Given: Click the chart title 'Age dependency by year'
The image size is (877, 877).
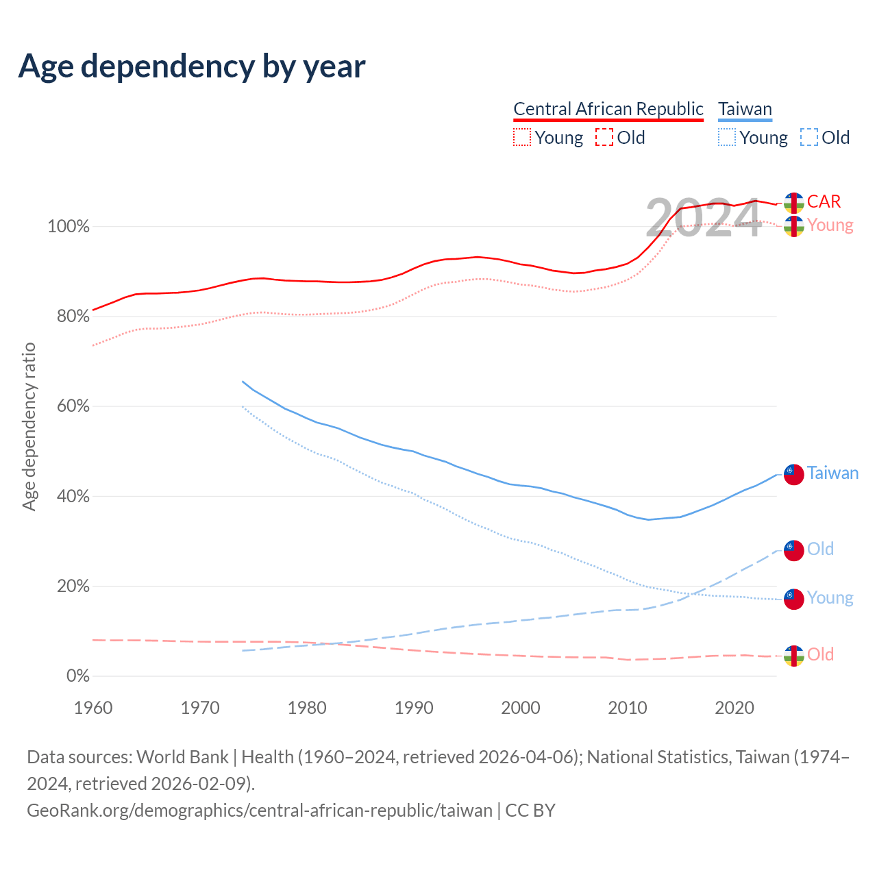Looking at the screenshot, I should coord(192,66).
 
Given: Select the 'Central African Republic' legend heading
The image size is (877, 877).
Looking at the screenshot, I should coord(608,109).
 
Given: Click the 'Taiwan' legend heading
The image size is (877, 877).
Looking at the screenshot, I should coord(745,109).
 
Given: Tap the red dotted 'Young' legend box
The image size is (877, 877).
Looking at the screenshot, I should coord(522,138).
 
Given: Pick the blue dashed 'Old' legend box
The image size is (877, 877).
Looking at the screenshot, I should coord(809,138).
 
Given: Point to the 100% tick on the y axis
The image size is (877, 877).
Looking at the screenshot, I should coord(69,226).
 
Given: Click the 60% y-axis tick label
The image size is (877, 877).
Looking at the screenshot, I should coord(69,406).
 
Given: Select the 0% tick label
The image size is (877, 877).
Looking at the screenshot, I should coord(77,676).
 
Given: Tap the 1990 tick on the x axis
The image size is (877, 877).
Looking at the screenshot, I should coord(414,707).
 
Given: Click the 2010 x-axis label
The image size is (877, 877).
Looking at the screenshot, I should coord(628,707).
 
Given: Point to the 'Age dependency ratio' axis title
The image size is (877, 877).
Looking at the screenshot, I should coord(29,427).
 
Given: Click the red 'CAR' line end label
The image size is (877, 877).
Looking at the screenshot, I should coord(824,201).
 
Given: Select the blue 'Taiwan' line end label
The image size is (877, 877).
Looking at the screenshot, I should coord(832,473).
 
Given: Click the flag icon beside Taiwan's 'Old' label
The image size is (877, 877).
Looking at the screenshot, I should coord(793,549).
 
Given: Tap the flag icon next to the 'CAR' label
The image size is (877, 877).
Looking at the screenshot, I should coord(793,203).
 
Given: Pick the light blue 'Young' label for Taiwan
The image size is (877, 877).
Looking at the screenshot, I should coord(830,597).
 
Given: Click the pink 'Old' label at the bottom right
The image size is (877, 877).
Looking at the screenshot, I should coord(820,654).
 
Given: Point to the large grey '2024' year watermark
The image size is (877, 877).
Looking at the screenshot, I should coord(704,219).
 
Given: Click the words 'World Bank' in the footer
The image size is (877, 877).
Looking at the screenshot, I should coord(182,757).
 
